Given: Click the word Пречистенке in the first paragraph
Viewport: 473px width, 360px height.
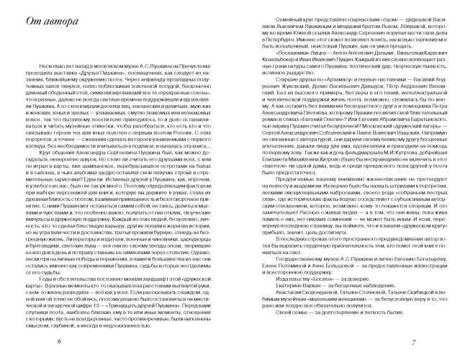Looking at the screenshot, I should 196,64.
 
